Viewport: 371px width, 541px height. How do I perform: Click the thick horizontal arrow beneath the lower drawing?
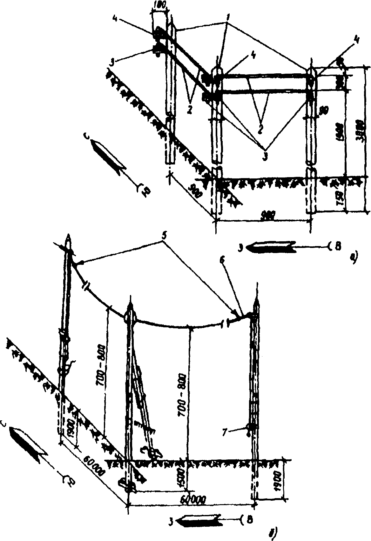[x=199, y=521]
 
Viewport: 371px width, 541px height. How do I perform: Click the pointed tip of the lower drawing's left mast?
[x=68, y=237]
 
